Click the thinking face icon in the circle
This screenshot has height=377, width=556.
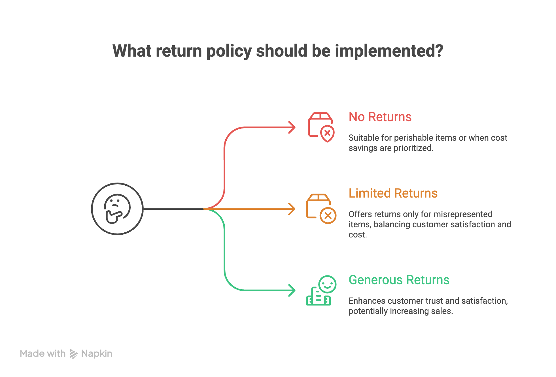pos(117,209)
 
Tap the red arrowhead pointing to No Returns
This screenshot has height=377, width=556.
pos(292,127)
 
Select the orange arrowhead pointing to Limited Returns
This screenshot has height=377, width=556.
pos(292,209)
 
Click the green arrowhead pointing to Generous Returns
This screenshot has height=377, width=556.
pos(292,290)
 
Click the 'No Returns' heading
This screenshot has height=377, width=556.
pos(380,117)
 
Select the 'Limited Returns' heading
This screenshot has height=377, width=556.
pos(393,193)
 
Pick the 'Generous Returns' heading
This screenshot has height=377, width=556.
pos(399,280)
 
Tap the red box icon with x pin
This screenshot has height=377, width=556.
pos(321,127)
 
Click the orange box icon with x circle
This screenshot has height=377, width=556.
pos(321,209)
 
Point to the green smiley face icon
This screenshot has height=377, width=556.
pos(327,284)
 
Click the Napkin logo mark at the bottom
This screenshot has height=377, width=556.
pos(74,354)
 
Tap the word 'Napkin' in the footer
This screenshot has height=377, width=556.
pos(97,354)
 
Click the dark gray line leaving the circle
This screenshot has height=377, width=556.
pos(173,209)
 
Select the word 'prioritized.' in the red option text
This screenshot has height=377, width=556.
pos(413,148)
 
